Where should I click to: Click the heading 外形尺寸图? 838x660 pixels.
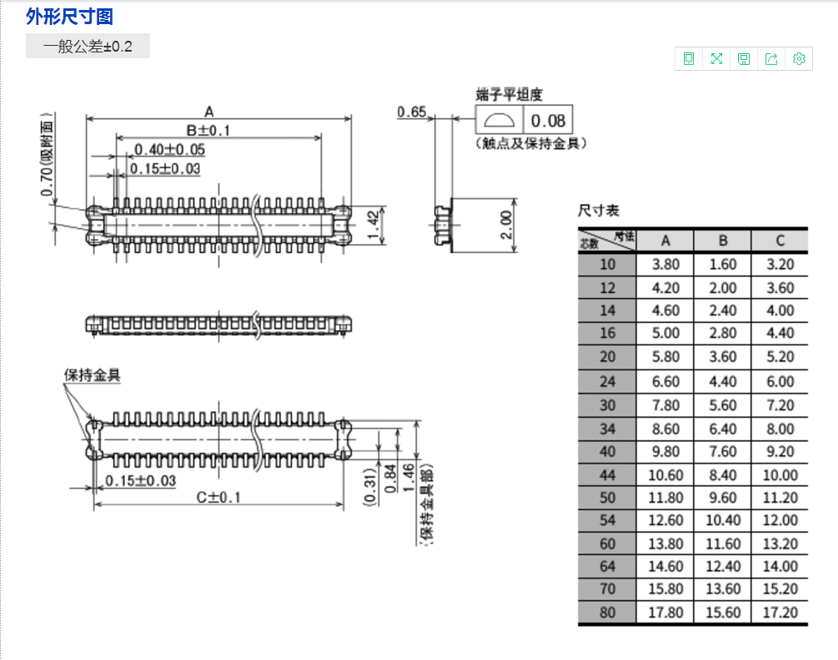tap(69, 17)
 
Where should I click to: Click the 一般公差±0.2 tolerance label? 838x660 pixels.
tap(87, 47)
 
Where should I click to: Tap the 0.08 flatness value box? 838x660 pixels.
tap(547, 121)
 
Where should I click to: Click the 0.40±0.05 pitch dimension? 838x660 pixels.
tap(169, 150)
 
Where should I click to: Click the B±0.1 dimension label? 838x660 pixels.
tap(207, 131)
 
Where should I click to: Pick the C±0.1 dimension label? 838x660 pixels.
tap(217, 497)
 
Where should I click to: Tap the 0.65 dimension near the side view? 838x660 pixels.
tap(412, 112)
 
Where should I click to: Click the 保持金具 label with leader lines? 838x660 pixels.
tap(92, 375)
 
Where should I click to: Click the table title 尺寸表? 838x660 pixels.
tap(599, 211)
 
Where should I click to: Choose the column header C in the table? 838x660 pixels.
tap(780, 241)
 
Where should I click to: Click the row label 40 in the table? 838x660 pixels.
tap(607, 452)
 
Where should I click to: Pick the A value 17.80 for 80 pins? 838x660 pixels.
tap(665, 613)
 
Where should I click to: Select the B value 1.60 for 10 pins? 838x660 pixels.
tap(722, 265)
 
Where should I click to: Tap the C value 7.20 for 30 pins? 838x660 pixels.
tap(780, 405)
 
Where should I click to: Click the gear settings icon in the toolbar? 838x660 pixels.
tap(799, 58)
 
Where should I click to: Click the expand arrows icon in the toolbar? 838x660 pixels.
tap(716, 58)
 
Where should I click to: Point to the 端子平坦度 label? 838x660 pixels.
tap(508, 95)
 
